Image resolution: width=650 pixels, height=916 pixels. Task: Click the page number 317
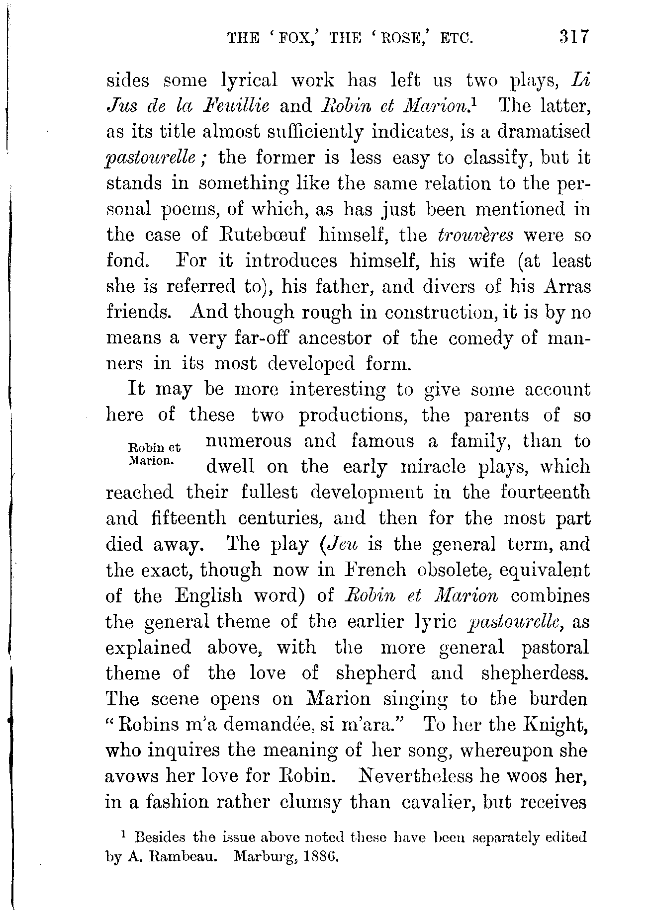(574, 37)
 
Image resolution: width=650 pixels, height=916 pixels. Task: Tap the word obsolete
(453, 570)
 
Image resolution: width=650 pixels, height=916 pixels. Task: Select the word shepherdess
(535, 673)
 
